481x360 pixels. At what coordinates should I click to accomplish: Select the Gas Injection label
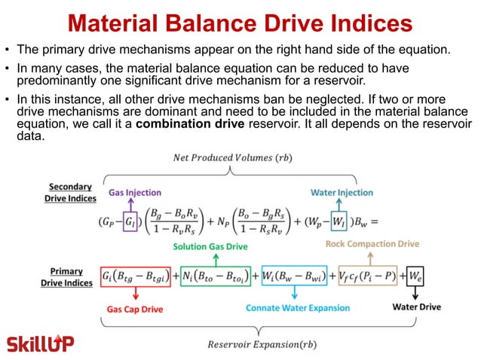[x=135, y=193]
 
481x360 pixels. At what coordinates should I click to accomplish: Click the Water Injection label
[x=342, y=193]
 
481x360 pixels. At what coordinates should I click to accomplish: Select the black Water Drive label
[x=417, y=307]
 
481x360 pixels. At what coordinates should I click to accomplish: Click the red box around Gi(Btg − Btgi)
[x=136, y=277]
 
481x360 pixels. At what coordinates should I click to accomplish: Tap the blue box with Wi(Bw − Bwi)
[x=294, y=277]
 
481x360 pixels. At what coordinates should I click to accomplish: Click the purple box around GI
[x=130, y=221]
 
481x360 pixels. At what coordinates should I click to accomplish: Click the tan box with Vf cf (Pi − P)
[x=367, y=277]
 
